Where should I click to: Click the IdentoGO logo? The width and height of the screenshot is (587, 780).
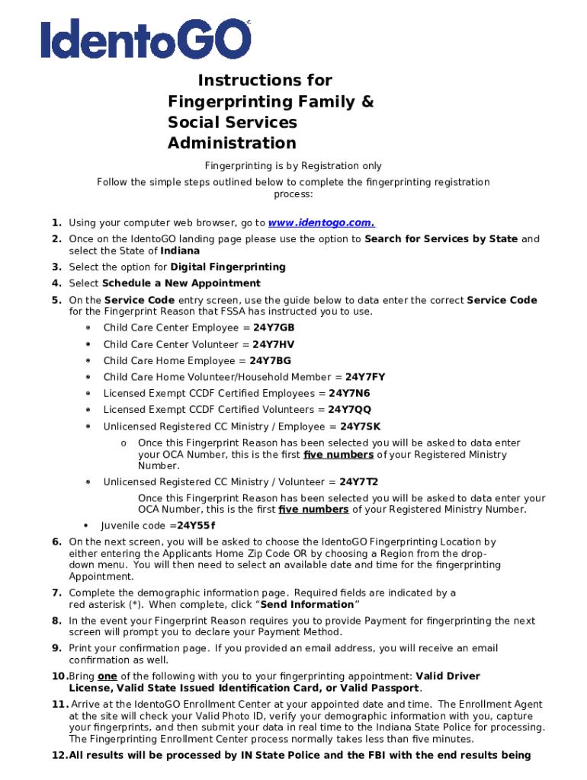click(x=145, y=39)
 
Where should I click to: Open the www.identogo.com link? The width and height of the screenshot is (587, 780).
click(x=321, y=223)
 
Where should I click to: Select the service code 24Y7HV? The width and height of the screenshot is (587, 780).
click(x=273, y=344)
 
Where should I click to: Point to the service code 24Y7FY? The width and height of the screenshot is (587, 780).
click(x=365, y=377)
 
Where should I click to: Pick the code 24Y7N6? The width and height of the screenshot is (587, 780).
click(x=349, y=394)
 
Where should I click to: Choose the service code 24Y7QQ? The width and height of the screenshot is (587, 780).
click(x=350, y=410)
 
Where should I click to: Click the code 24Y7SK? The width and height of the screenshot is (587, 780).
click(x=361, y=427)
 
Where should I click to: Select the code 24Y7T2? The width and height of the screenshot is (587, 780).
click(x=359, y=482)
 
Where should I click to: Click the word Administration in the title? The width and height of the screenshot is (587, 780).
click(x=232, y=143)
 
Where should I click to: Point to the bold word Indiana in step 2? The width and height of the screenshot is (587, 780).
click(x=180, y=251)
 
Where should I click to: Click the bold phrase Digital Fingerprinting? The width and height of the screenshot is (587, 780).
click(x=228, y=267)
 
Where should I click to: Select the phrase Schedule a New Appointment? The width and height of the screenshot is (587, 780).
click(x=181, y=283)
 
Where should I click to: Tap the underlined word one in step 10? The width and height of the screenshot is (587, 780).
click(x=107, y=676)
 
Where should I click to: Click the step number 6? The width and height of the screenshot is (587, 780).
click(x=56, y=542)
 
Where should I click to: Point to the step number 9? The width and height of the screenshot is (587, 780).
click(x=56, y=648)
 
